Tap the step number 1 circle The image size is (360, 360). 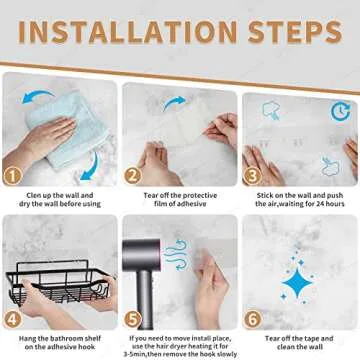coord(13,175)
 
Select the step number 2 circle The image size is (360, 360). coord(132,175)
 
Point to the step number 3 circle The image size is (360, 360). coord(251,175)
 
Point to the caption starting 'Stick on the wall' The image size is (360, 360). coord(299,200)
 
